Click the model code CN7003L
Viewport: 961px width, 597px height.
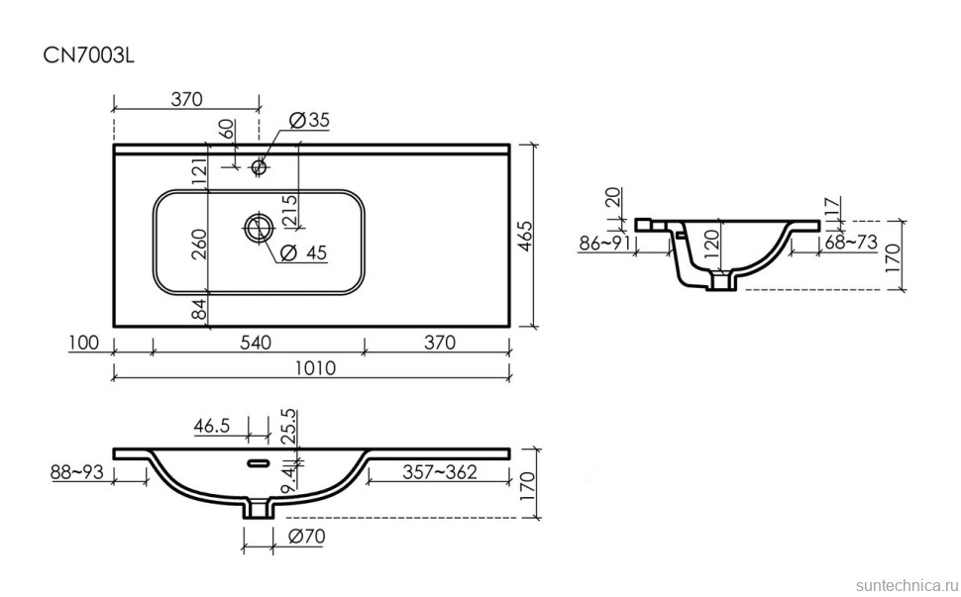click(x=88, y=55)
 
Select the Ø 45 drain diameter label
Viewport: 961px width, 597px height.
click(x=303, y=251)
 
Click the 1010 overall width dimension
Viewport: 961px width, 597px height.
click(x=316, y=367)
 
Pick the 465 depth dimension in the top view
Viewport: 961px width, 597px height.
click(x=526, y=236)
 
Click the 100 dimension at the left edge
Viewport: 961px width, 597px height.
click(x=83, y=342)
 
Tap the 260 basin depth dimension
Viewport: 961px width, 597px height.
click(x=198, y=244)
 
